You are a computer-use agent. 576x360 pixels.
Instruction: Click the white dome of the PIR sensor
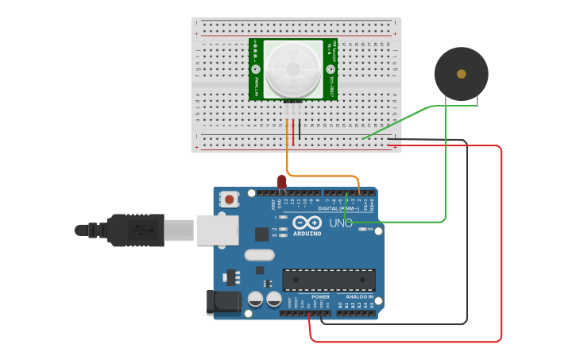click(x=294, y=69)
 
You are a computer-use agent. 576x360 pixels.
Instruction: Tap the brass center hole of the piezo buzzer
click(x=462, y=74)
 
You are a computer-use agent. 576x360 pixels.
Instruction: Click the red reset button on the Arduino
click(x=230, y=199)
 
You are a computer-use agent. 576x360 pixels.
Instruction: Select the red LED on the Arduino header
click(x=282, y=182)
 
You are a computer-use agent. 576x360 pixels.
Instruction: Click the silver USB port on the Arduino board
click(x=217, y=230)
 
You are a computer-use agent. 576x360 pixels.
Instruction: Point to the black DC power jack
click(x=223, y=302)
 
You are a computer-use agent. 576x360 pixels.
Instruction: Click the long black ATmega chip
click(x=329, y=280)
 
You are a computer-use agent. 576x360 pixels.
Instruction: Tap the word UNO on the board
click(x=341, y=224)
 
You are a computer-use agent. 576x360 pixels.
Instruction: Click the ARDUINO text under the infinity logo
click(x=307, y=234)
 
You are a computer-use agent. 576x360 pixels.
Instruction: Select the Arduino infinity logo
click(x=307, y=223)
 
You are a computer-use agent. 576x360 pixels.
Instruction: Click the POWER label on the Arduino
click(x=320, y=297)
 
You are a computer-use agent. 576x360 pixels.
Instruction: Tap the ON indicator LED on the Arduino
click(x=362, y=230)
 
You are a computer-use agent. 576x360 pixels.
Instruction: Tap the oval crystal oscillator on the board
click(x=259, y=255)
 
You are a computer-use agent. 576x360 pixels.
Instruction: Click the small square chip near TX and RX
click(x=261, y=234)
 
